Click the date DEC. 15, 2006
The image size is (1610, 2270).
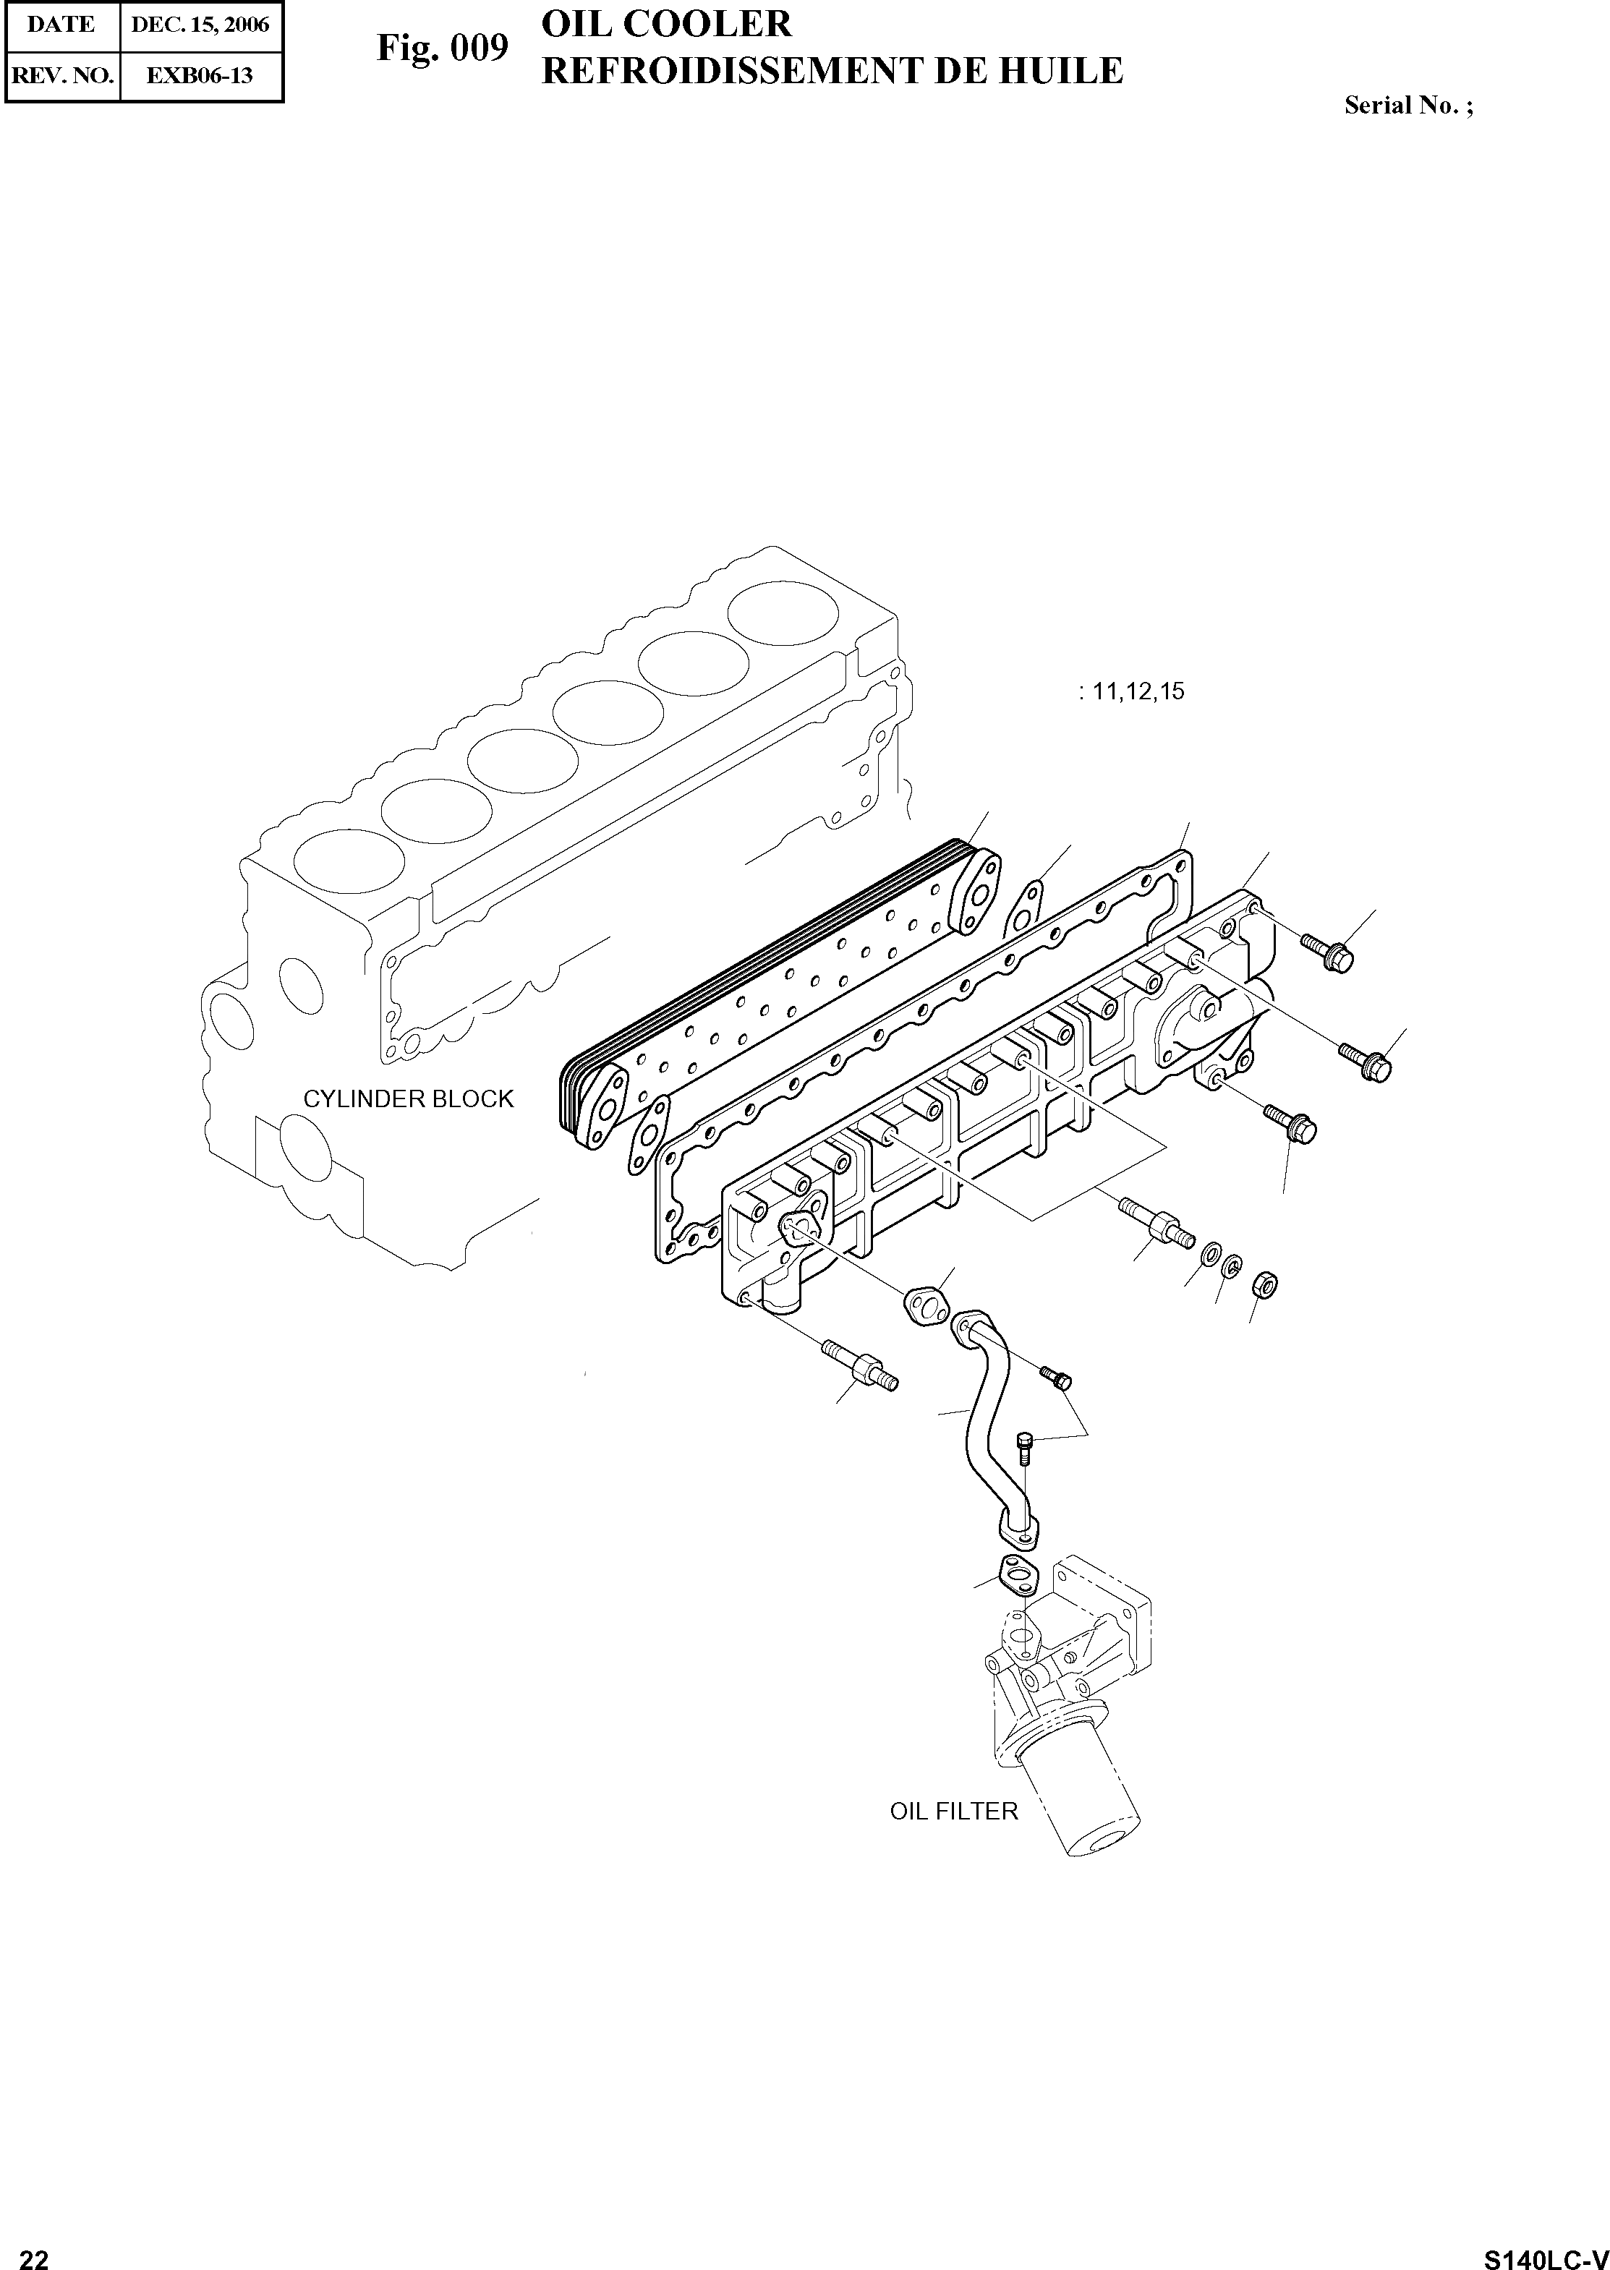pos(200,25)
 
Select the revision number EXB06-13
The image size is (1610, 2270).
pos(200,75)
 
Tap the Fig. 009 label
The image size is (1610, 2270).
pos(442,48)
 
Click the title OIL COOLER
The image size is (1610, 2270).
pos(666,24)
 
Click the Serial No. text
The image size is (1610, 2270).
pos(1407,105)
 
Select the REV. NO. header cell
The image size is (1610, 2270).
pos(61,75)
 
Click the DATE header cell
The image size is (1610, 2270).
pos(61,25)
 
